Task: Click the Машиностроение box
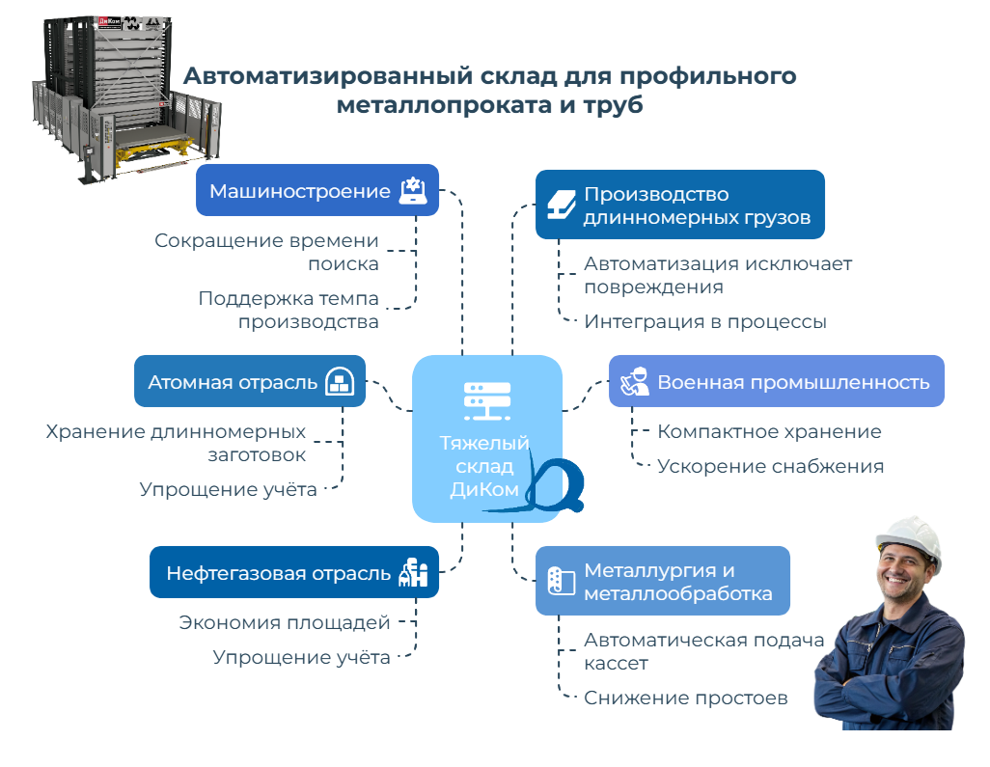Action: [x=317, y=190]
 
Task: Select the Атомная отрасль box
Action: [x=250, y=381]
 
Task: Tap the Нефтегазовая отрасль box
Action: [x=294, y=572]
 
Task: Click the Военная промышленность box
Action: [x=777, y=381]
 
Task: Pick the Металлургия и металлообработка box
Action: [x=663, y=581]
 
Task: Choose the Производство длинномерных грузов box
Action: [x=680, y=205]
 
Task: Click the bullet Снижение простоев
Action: [x=686, y=698]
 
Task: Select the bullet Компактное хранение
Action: [x=769, y=431]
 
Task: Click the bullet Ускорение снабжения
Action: [x=770, y=466]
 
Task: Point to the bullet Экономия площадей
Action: [x=285, y=622]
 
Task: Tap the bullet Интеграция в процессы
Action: [x=704, y=321]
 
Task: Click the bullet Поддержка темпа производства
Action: [x=289, y=310]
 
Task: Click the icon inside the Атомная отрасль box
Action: [x=338, y=381]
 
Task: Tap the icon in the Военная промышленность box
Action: [x=634, y=381]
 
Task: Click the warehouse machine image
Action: [x=106, y=92]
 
